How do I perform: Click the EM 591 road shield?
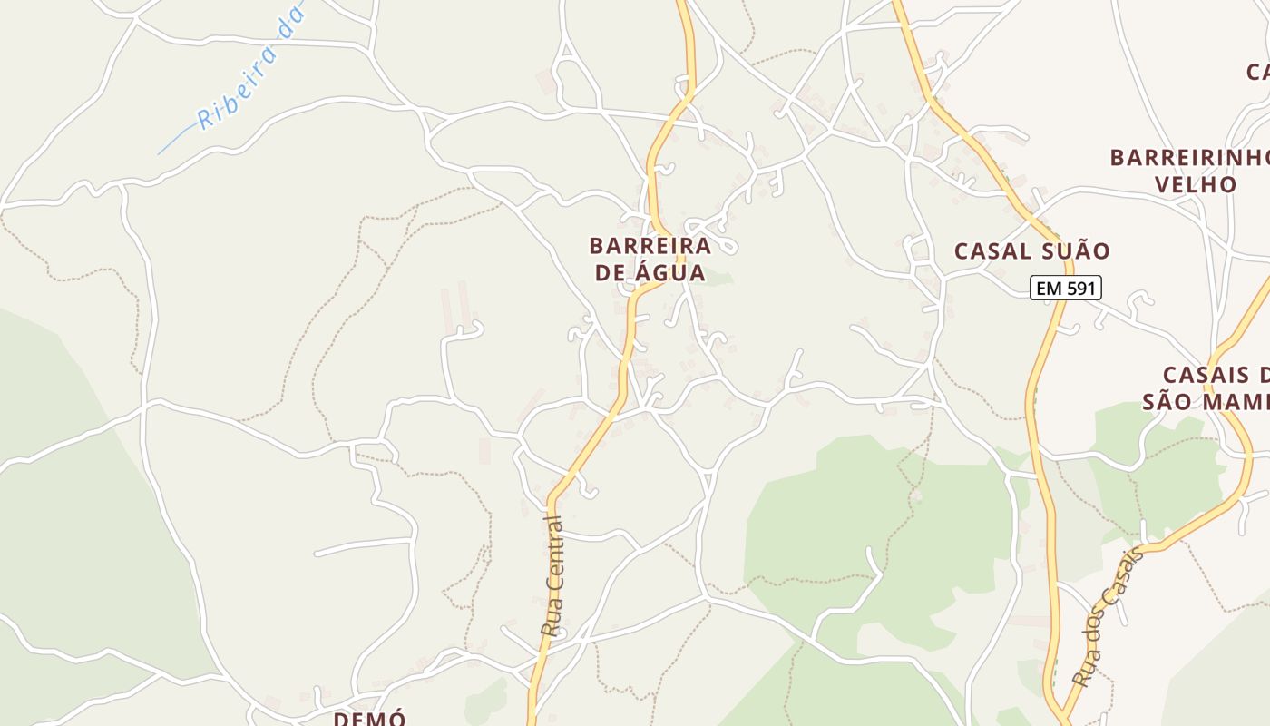click(1066, 289)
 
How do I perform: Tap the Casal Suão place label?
click(1031, 251)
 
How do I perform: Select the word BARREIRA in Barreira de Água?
click(650, 246)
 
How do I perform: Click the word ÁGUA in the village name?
click(670, 272)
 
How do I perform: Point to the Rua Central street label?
click(552, 575)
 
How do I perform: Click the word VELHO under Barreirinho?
click(1195, 184)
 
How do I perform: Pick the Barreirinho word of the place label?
click(1189, 157)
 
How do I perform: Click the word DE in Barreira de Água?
click(610, 272)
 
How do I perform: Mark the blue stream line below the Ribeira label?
click(172, 143)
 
